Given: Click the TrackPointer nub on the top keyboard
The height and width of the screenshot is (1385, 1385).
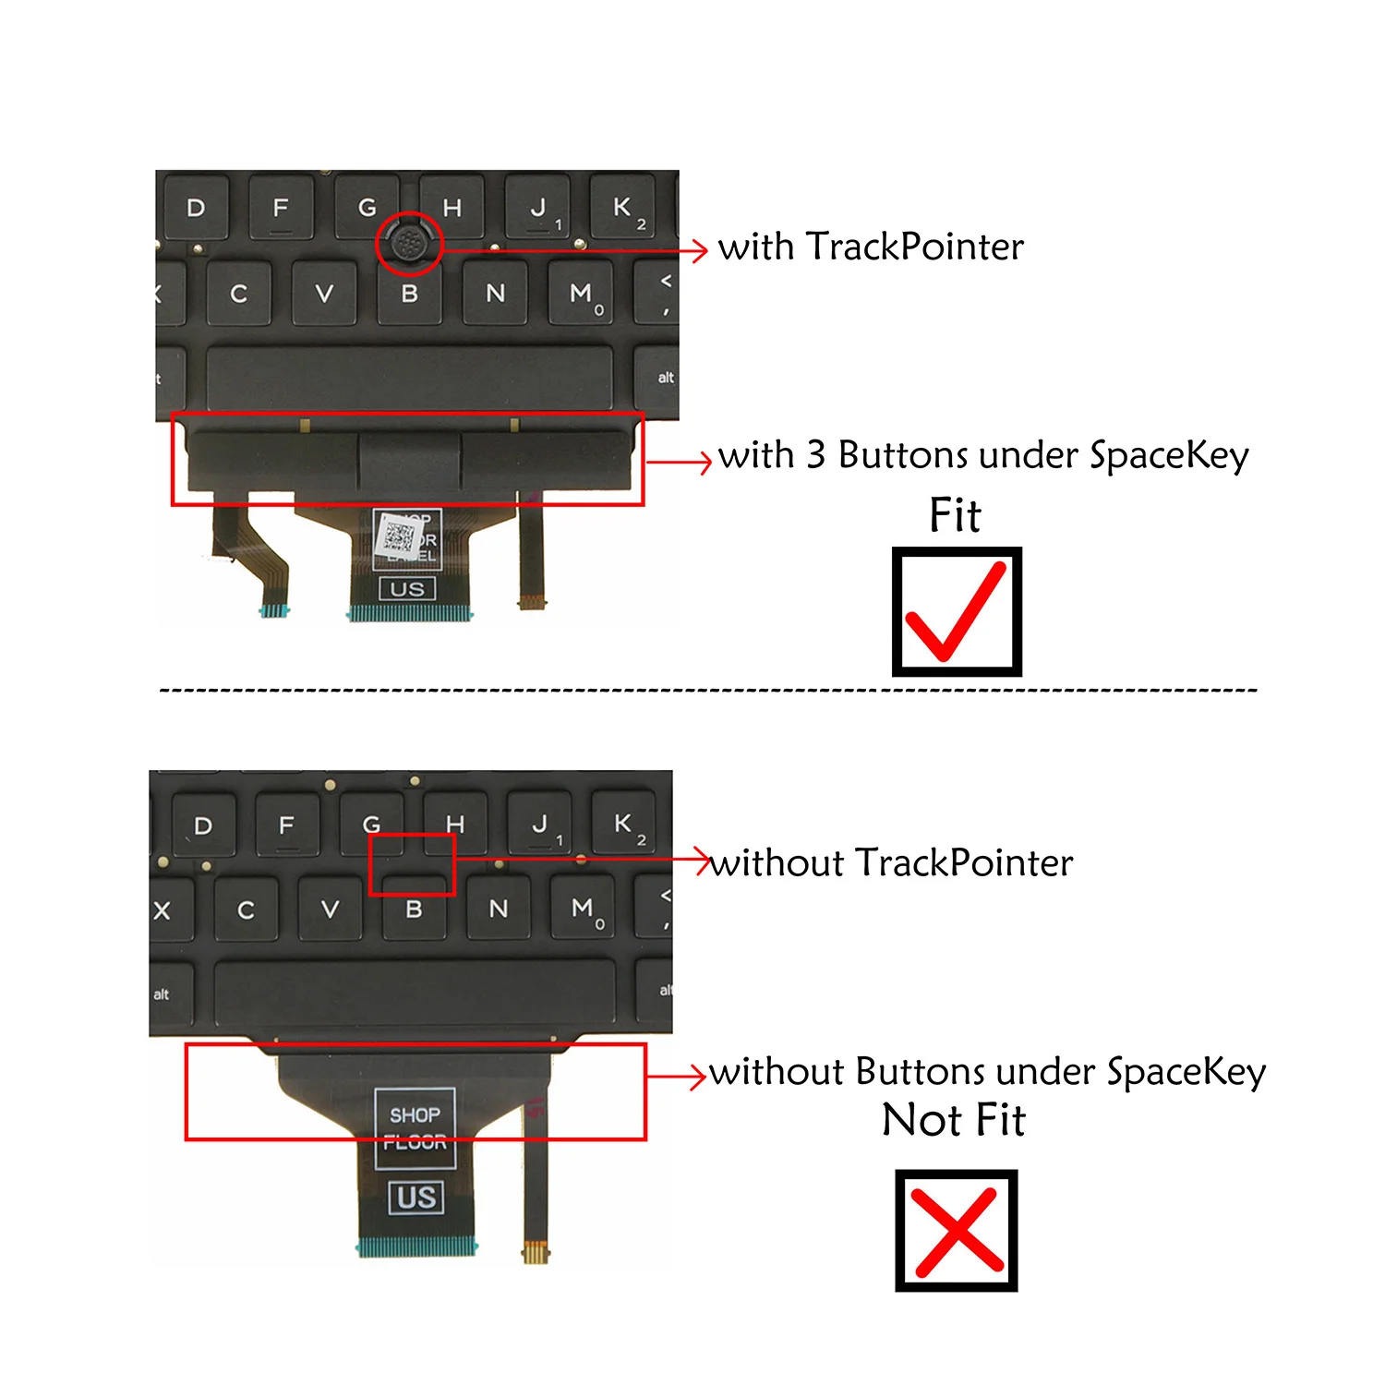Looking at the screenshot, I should pos(408,243).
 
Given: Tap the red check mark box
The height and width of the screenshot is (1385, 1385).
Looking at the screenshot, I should pos(957,611).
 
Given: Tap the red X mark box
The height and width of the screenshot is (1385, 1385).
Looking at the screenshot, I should pos(957,1230).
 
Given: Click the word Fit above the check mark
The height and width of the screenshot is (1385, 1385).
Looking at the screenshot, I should pos(955,515).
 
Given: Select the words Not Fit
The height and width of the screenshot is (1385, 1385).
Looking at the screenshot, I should pos(954,1120).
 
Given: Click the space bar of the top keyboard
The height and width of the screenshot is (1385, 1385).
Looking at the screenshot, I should pos(409,377).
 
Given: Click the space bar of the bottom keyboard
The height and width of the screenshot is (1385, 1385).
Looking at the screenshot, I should pos(415,993).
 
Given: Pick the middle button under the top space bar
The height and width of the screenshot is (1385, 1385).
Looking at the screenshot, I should pos(408,461).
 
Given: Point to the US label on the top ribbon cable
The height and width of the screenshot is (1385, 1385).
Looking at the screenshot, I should pos(407,589).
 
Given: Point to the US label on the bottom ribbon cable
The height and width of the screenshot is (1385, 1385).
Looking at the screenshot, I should pos(416,1198).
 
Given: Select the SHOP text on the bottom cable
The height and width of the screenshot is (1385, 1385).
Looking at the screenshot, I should pos(415,1114).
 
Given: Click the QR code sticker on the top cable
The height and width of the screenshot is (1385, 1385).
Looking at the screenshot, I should pos(399,535).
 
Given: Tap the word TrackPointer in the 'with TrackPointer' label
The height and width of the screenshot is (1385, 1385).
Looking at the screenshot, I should pos(914,247).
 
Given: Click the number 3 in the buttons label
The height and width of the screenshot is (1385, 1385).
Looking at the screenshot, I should pos(815,455).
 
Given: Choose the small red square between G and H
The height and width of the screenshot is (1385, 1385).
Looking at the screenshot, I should pos(412,864).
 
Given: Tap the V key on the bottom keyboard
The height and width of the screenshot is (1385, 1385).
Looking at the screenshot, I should pos(330,909).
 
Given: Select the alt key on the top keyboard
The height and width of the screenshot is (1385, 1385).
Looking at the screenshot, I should pos(665,378).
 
